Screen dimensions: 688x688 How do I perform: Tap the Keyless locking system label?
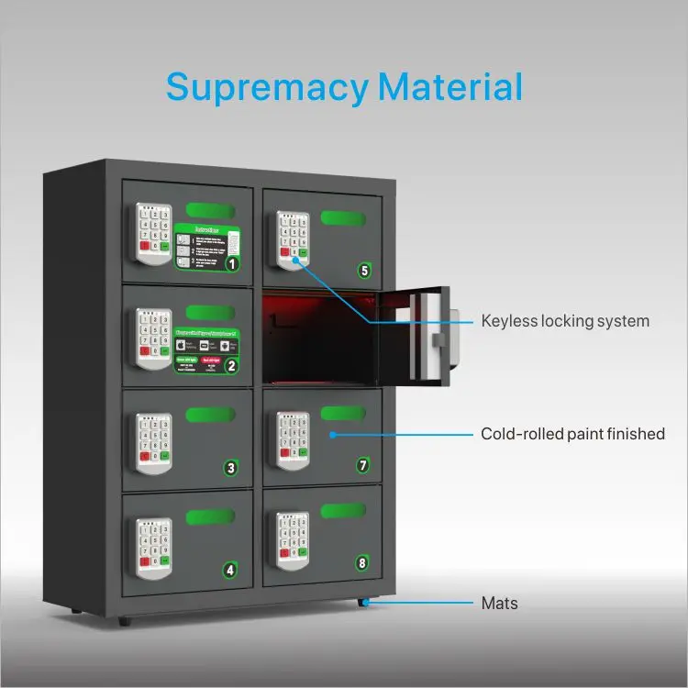click(x=565, y=321)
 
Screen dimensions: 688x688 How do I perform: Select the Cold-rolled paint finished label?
click(x=572, y=434)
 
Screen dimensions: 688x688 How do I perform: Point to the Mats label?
click(x=499, y=604)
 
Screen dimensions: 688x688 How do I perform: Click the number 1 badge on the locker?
click(x=233, y=264)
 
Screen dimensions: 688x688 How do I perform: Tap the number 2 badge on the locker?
click(x=231, y=366)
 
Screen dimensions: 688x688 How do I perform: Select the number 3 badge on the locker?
click(x=231, y=469)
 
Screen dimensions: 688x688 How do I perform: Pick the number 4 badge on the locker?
click(x=230, y=570)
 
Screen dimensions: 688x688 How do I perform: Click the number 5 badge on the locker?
click(x=364, y=270)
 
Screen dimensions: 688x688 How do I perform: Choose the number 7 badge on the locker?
click(x=363, y=466)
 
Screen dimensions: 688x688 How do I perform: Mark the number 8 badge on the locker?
click(x=362, y=562)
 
